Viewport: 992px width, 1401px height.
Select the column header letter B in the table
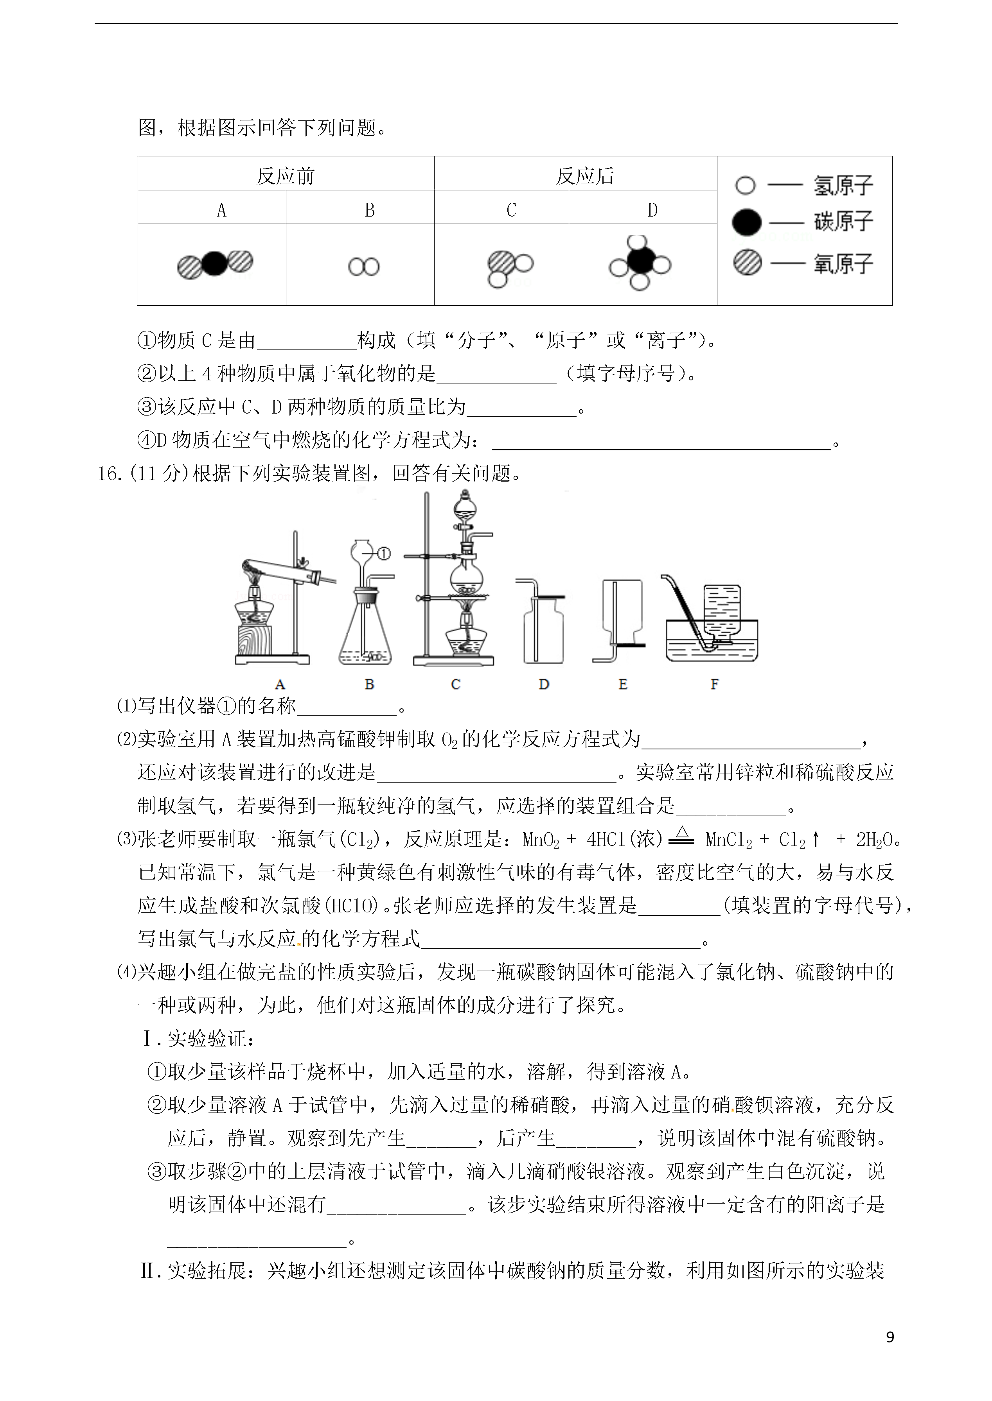370,210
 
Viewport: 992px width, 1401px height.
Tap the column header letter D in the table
652,210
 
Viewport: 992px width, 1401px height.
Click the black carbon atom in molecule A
214,264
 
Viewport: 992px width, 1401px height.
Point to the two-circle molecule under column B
364,267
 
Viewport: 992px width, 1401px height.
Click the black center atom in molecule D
639,262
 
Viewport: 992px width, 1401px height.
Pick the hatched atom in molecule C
500,264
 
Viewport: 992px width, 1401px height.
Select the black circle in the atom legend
746,222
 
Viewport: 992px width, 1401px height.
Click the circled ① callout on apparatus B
384,554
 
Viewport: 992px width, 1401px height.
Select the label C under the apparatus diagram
455,684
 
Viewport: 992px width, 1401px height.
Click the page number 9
890,1337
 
